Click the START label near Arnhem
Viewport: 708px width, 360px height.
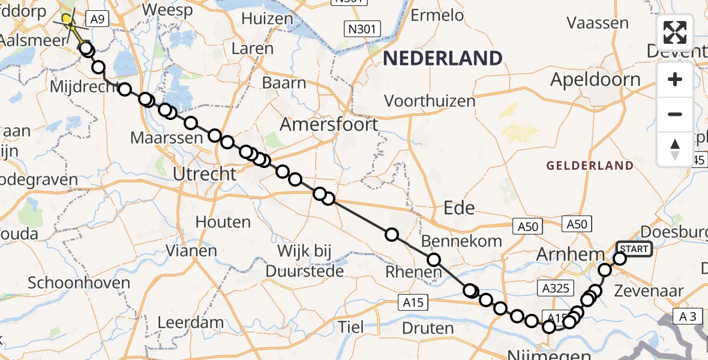pos(634,248)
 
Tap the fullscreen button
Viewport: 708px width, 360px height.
pos(675,32)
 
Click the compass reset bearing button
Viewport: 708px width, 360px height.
pos(675,149)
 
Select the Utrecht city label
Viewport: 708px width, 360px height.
pos(205,175)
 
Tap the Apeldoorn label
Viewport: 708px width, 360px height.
pos(595,79)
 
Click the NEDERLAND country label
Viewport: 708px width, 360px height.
pos(443,58)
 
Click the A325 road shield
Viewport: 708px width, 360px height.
pos(554,289)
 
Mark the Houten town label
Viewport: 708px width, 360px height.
pos(223,222)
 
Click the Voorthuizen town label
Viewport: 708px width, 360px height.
pos(430,100)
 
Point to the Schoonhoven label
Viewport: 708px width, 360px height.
pos(79,283)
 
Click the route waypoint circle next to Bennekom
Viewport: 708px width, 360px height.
pos(433,260)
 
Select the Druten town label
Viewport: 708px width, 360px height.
pos(428,328)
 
